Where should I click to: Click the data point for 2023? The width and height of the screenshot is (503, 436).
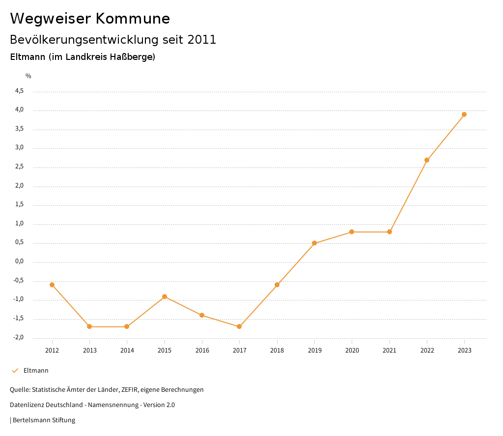(464, 114)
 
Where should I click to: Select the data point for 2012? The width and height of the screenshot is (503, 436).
(52, 285)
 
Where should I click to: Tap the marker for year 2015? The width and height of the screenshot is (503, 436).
(165, 297)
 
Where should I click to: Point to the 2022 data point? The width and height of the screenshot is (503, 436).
(427, 160)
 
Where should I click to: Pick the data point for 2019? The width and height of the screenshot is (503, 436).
(314, 243)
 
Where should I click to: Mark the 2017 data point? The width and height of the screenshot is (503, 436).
(239, 327)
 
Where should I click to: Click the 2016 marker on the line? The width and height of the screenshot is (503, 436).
(202, 315)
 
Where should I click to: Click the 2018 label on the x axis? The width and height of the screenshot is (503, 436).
(277, 350)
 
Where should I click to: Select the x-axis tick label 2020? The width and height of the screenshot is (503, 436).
(352, 350)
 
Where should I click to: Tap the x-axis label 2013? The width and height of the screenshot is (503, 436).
(89, 350)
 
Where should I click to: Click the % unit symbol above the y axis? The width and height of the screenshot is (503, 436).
(28, 76)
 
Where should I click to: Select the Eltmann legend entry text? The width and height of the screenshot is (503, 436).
(36, 371)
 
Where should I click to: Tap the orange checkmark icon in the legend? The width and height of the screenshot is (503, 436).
(15, 371)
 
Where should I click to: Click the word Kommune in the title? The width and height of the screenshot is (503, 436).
(133, 19)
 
